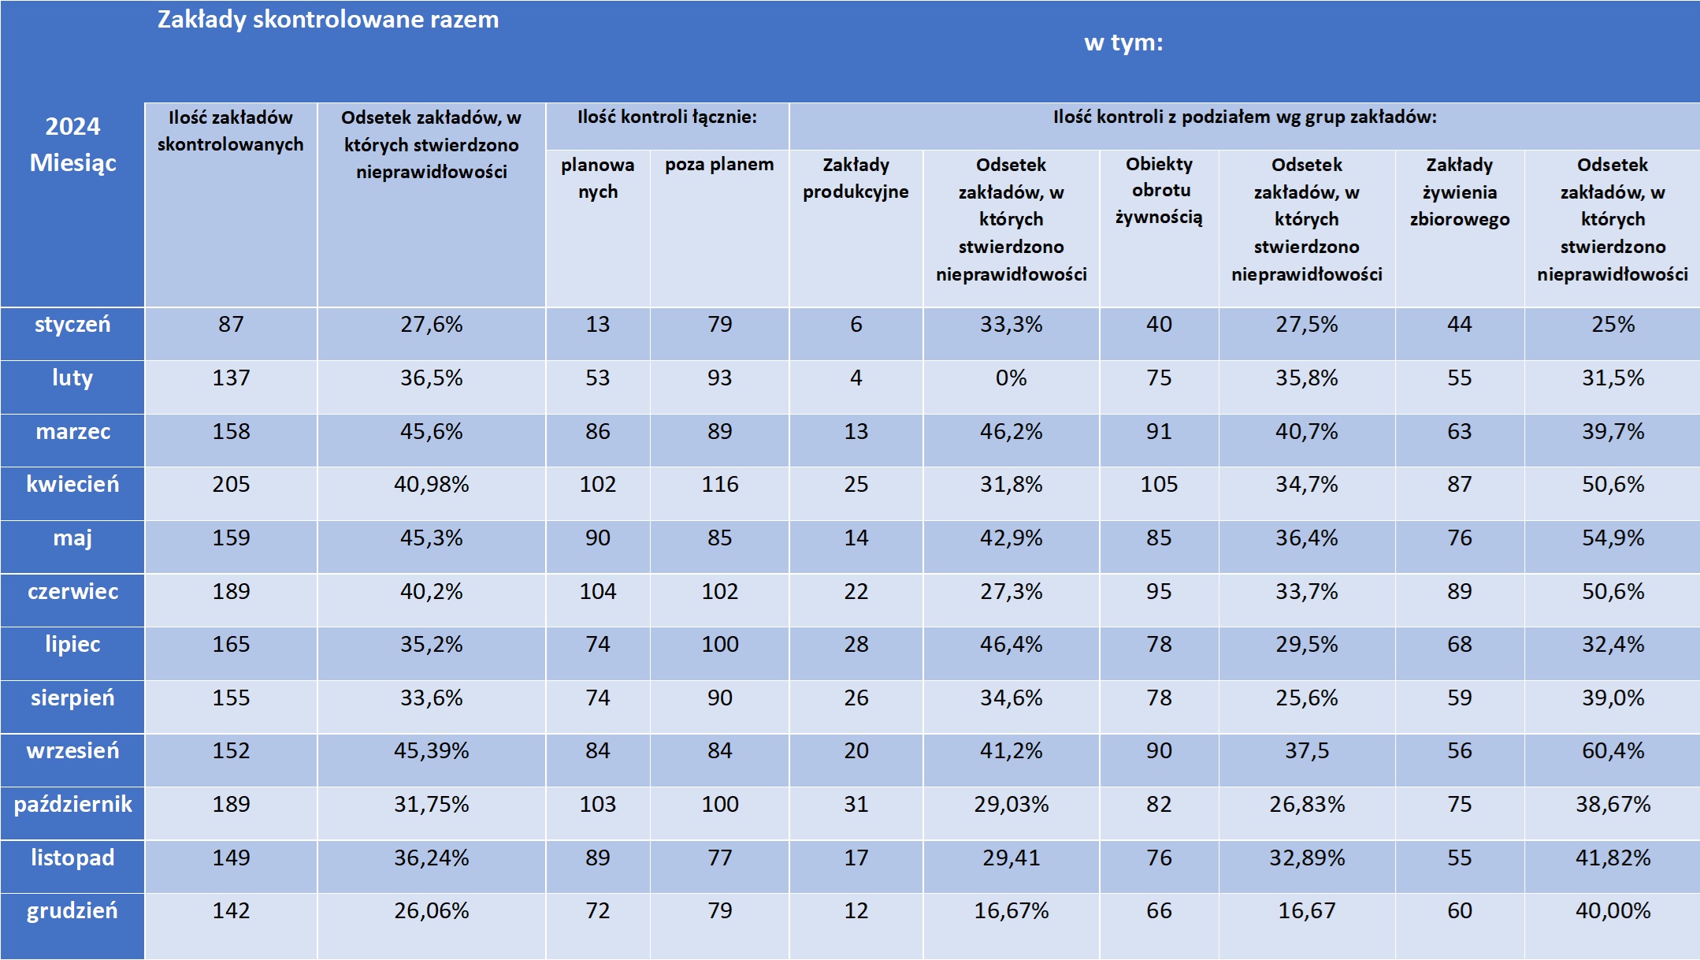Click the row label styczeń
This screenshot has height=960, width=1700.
[x=72, y=325]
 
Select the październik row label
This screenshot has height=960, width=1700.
[x=72, y=805]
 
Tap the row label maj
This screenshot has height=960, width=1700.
[x=72, y=538]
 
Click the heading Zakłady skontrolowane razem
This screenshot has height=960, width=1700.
[x=328, y=20]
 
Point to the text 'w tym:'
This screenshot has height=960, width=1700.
[x=1123, y=43]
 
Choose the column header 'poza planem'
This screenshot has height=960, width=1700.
[x=719, y=165]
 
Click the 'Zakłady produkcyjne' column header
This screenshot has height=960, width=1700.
[x=856, y=178]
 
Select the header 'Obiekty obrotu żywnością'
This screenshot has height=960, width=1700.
[x=1159, y=191]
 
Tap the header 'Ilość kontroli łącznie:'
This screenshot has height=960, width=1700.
[x=666, y=117]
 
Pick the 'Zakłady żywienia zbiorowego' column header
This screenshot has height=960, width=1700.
[x=1459, y=192]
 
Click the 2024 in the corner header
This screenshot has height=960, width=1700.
[x=72, y=126]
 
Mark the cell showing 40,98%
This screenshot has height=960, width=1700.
[x=431, y=485]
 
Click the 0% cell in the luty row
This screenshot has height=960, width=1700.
[x=1011, y=378]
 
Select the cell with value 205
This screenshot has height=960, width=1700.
[x=231, y=485]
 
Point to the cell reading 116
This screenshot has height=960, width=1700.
[x=719, y=485]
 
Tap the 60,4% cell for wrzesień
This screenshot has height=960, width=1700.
[x=1613, y=751]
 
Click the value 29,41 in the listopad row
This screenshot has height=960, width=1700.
[x=1011, y=858]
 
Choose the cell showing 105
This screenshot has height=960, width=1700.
[x=1159, y=485]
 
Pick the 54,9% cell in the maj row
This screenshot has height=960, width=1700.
[x=1613, y=538]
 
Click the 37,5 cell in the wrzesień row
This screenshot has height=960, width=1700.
[x=1306, y=751]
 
